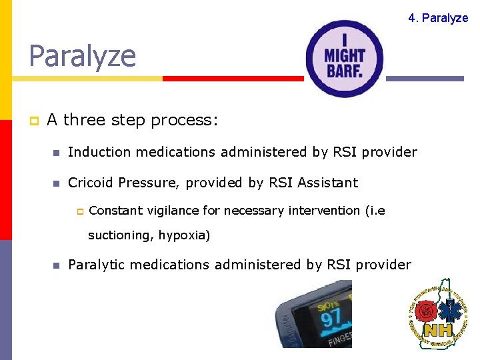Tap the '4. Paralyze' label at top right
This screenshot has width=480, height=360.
[438, 18]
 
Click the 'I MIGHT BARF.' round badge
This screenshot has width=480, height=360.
[344, 59]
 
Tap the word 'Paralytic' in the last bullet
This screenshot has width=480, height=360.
[96, 265]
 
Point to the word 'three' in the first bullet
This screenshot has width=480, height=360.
[85, 120]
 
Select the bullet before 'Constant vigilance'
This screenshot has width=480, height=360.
[78, 211]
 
